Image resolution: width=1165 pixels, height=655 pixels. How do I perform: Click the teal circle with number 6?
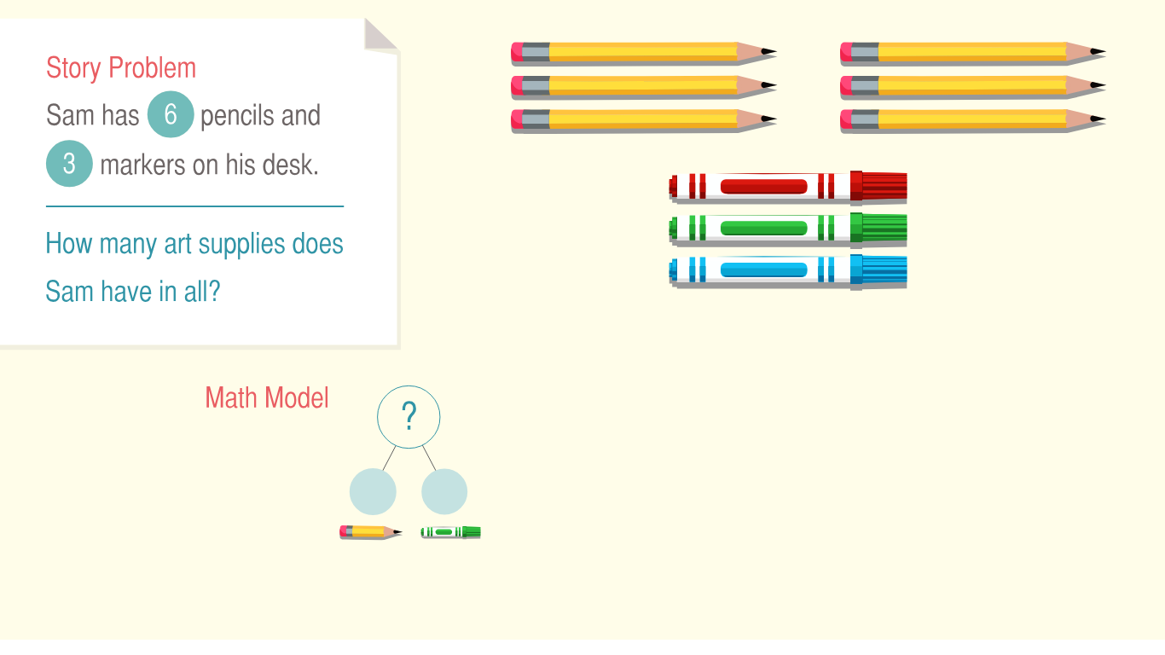click(x=171, y=114)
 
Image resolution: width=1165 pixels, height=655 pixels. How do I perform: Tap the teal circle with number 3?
click(x=69, y=164)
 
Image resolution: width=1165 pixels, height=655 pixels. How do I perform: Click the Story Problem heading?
click(x=121, y=68)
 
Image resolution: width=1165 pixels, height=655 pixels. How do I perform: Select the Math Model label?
click(x=267, y=398)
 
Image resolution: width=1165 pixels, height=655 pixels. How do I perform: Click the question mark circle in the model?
click(x=409, y=417)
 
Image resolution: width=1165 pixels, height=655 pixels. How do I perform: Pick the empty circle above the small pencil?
click(x=373, y=491)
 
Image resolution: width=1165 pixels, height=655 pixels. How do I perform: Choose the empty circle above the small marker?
click(x=444, y=491)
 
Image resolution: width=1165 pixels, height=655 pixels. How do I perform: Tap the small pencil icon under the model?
click(x=371, y=532)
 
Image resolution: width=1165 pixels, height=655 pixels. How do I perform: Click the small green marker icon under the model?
click(x=451, y=532)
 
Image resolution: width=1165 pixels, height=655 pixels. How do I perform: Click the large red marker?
click(x=788, y=187)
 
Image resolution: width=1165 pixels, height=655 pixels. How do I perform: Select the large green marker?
click(x=788, y=229)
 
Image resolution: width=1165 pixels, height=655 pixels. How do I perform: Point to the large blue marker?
click(x=788, y=270)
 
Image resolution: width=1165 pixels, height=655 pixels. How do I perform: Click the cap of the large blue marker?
click(x=879, y=270)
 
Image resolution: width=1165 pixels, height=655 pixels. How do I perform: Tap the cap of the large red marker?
click(x=879, y=186)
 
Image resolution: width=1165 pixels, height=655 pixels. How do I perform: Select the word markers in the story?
click(x=142, y=165)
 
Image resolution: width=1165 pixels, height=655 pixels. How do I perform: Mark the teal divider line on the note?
click(x=195, y=206)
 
